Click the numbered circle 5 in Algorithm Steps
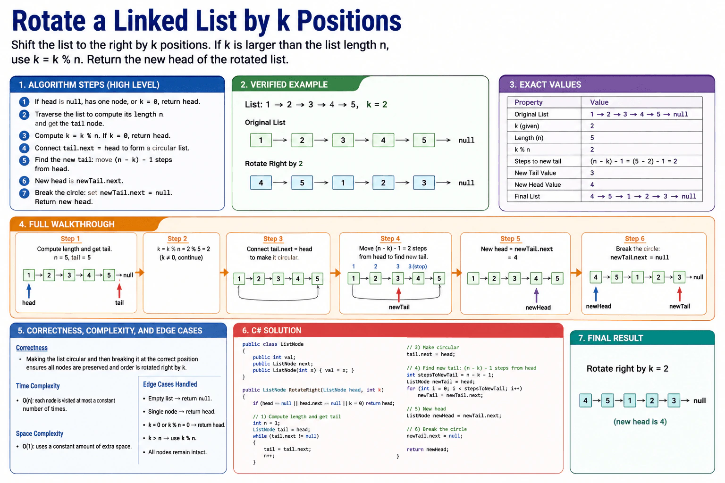point(24,160)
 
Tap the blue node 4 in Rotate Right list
point(261,183)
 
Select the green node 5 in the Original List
point(424,140)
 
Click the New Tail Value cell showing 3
point(592,173)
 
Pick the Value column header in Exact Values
point(599,102)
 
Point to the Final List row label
point(527,196)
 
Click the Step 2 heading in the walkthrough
point(177,239)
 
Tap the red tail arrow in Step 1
point(119,291)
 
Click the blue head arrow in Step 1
point(29,291)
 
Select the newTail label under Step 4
point(399,307)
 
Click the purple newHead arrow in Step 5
point(536,295)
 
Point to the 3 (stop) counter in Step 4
point(418,266)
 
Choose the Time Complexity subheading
point(38,386)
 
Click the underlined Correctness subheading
point(32,348)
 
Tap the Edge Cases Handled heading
point(170,384)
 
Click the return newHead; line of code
point(428,450)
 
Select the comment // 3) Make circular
point(433,348)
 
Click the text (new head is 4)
point(640,422)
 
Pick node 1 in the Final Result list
point(630,400)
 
